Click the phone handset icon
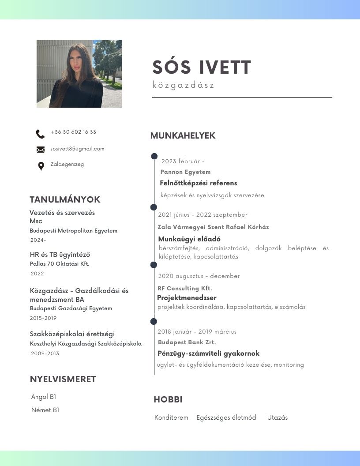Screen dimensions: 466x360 (x=40, y=134)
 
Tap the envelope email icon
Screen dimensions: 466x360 (x=41, y=150)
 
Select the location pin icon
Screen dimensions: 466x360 (x=41, y=166)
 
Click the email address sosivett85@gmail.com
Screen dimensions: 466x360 (x=77, y=149)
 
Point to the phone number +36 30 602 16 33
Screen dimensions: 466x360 (x=73, y=132)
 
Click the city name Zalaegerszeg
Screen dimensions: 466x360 (x=67, y=164)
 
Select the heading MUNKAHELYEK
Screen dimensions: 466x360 (x=183, y=135)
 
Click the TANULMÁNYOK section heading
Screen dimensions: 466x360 (x=65, y=199)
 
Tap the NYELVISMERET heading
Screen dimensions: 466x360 (x=63, y=379)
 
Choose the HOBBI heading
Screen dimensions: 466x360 (x=168, y=400)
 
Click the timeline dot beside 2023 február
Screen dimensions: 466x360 (x=154, y=156)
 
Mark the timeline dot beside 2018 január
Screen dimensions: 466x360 (x=154, y=322)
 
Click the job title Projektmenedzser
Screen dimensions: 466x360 (x=187, y=298)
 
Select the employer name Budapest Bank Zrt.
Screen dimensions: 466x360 (x=187, y=342)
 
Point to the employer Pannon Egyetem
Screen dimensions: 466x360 (x=185, y=172)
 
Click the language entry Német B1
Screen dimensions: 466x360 (x=45, y=410)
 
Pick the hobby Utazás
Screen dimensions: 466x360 (x=277, y=417)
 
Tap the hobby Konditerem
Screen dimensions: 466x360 (x=171, y=417)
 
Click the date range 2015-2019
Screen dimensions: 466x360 (x=43, y=318)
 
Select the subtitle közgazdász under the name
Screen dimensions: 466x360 (x=183, y=85)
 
